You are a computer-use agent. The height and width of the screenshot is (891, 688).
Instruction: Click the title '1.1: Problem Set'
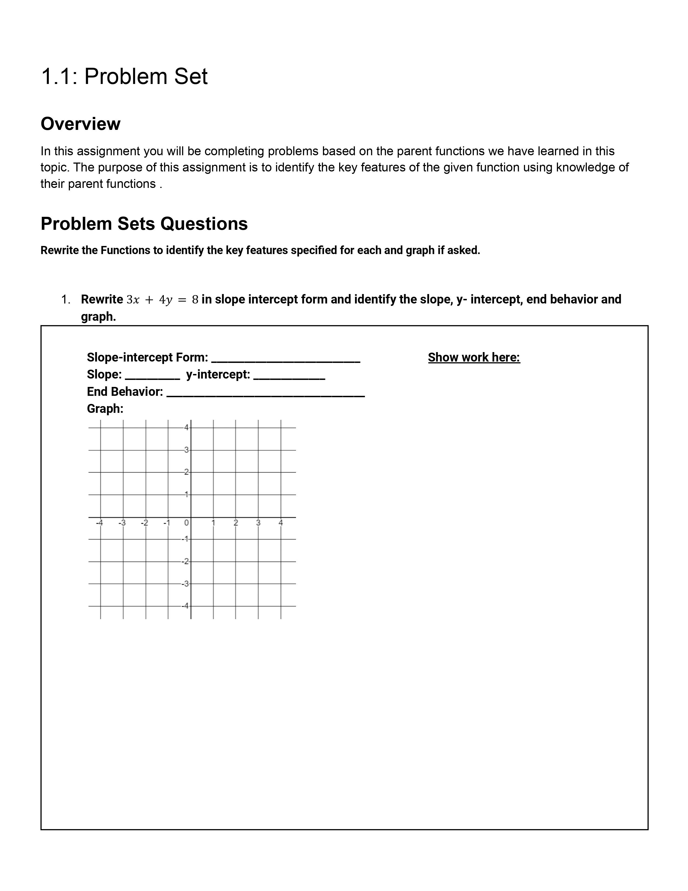[x=124, y=76]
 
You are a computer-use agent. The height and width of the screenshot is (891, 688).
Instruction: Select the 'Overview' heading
[x=80, y=124]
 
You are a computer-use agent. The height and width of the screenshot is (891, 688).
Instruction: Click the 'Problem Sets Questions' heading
[x=144, y=224]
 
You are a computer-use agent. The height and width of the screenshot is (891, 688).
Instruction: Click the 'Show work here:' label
[x=474, y=357]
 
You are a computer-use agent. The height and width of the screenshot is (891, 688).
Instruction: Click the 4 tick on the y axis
[x=186, y=428]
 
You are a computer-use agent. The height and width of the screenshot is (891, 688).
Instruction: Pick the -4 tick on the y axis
[x=185, y=606]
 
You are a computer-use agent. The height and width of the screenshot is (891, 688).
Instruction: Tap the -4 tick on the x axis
[x=100, y=523]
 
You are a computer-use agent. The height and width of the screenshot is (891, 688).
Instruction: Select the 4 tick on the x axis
[x=280, y=523]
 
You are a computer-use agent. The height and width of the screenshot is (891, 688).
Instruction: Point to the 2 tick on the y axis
[x=186, y=472]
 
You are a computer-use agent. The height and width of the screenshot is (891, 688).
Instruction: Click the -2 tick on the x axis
[x=144, y=523]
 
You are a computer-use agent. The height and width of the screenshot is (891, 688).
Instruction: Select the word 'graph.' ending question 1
[x=98, y=317]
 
